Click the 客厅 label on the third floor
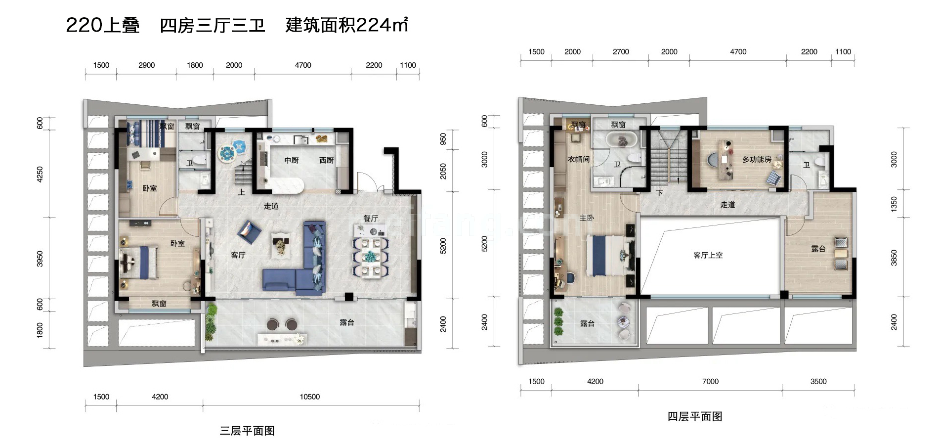(238, 255)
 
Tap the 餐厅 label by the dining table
(371, 218)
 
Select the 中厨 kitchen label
(292, 160)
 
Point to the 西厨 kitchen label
(327, 160)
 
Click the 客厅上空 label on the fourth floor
(708, 255)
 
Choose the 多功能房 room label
(757, 159)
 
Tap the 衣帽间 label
(578, 159)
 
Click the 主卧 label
(587, 218)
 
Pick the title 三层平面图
(247, 431)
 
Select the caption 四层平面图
(695, 416)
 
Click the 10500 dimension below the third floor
(310, 397)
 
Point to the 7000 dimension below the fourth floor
(710, 381)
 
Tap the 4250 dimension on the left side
(40, 174)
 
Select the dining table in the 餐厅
(370, 257)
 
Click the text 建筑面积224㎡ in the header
(346, 25)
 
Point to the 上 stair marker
(241, 192)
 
